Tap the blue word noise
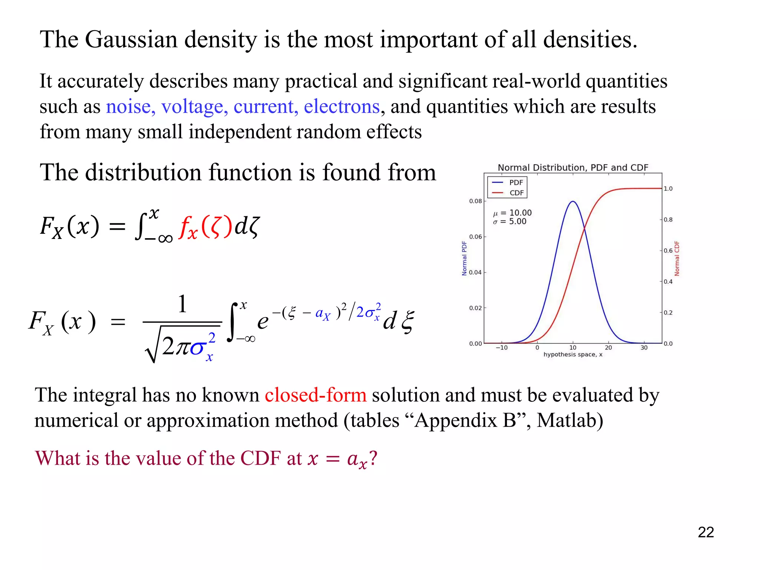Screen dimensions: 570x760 point(128,107)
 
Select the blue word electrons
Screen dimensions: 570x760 point(341,107)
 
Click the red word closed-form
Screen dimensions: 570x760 point(315,395)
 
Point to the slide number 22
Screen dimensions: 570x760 point(705,532)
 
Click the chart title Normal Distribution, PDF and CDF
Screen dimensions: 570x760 point(573,168)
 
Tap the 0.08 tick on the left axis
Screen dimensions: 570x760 point(475,201)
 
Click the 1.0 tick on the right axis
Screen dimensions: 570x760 point(668,189)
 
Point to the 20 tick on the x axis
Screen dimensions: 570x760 point(608,348)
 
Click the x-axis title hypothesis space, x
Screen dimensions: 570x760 point(573,355)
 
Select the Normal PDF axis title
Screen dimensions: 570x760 point(464,258)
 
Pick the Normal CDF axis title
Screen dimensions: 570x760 point(677,258)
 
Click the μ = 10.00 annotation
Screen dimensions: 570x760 point(512,213)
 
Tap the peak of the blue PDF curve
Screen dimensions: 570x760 point(573,202)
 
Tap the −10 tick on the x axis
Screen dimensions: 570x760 point(502,348)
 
